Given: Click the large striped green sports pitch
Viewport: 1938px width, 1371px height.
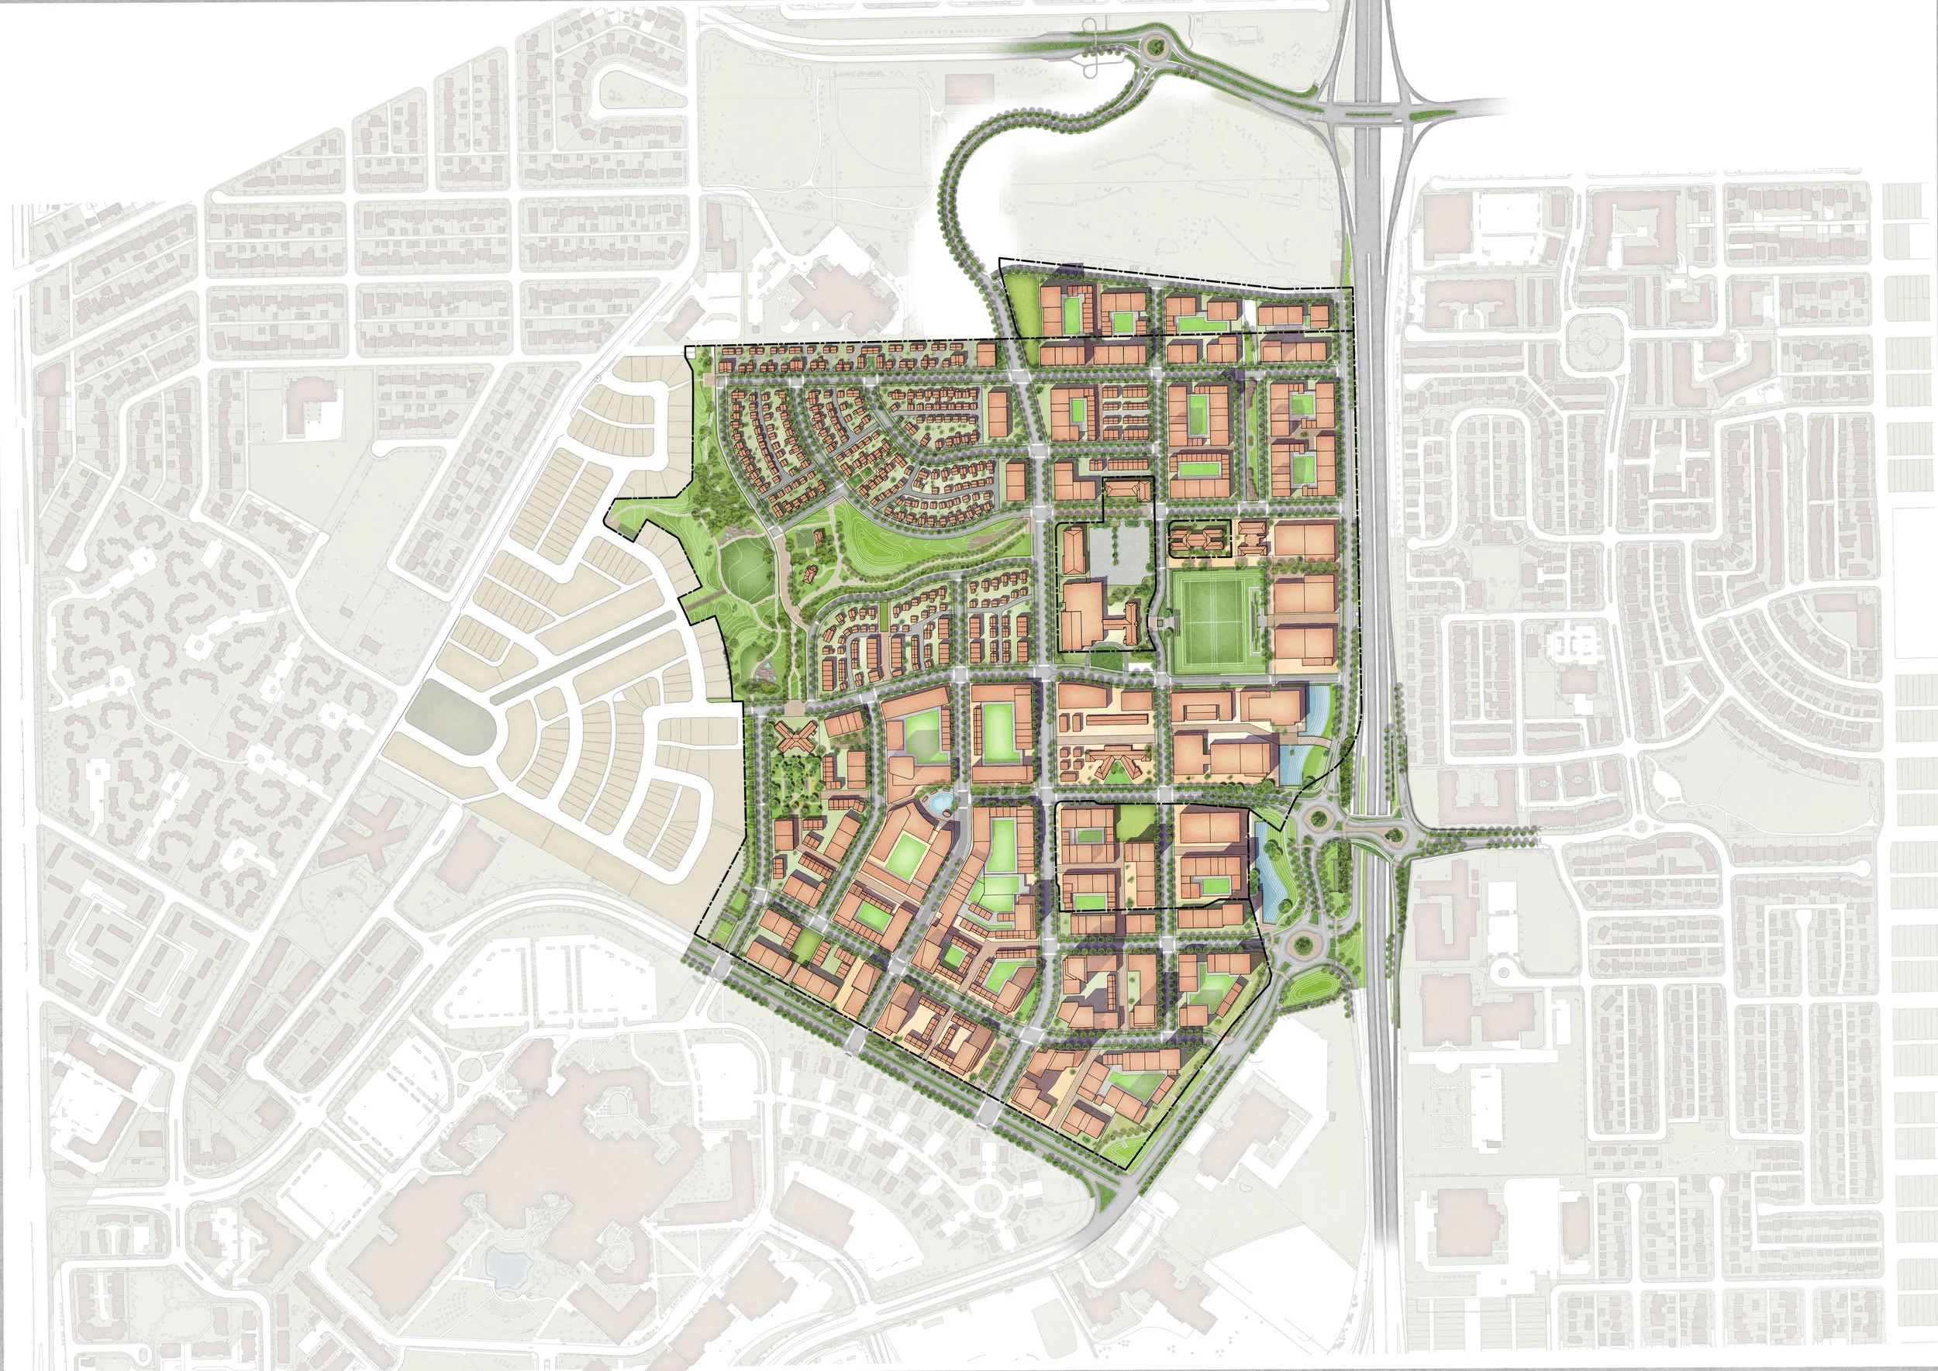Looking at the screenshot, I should (1218, 622).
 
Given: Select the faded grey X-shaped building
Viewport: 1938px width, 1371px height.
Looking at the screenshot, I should (369, 825).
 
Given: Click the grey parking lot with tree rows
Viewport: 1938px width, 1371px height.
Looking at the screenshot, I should (1119, 552).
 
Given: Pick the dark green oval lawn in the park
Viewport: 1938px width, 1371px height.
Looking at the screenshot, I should (747, 567).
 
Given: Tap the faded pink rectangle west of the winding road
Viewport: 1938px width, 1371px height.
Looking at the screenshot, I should (970, 88).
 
